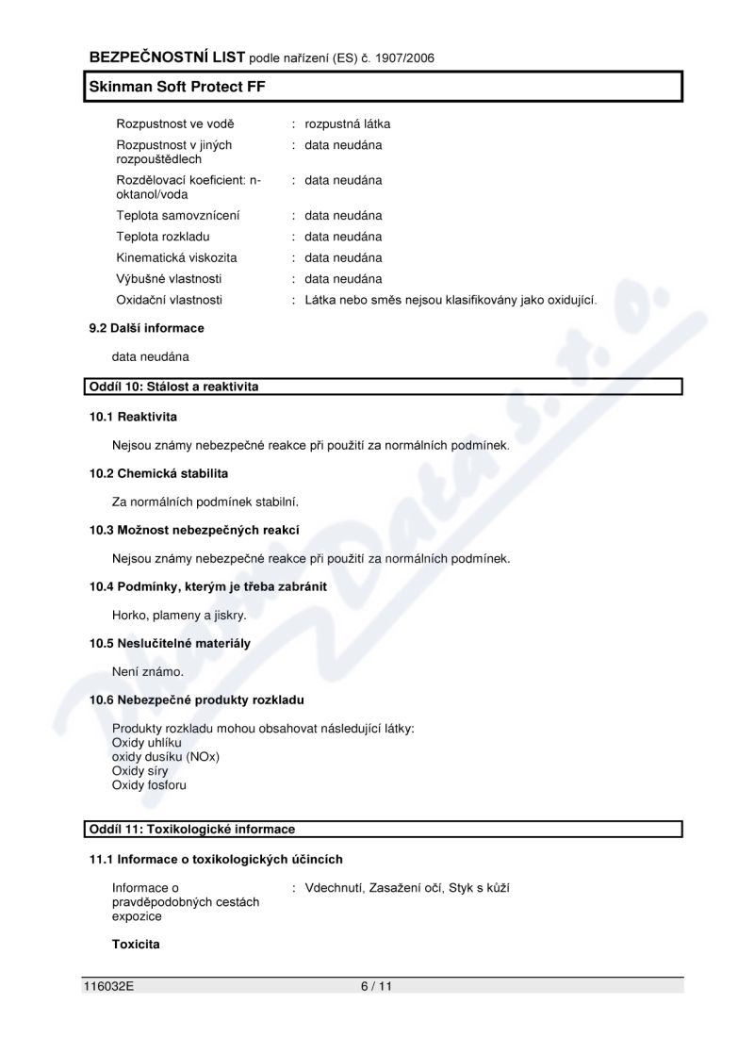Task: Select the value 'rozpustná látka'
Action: pyautogui.click(x=348, y=123)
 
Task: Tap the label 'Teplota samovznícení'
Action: pyautogui.click(x=177, y=215)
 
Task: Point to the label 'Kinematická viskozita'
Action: pyautogui.click(x=176, y=257)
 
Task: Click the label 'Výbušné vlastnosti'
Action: pyautogui.click(x=170, y=278)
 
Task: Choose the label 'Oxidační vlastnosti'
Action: pyautogui.click(x=170, y=300)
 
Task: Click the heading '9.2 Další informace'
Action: pyautogui.click(x=146, y=328)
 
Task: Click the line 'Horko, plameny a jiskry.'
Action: pyautogui.click(x=179, y=616)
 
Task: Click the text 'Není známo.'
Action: pyautogui.click(x=148, y=672)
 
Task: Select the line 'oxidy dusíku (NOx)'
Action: pyautogui.click(x=166, y=756)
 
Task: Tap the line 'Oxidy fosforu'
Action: pyautogui.click(x=150, y=784)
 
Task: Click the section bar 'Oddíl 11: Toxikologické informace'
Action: pyautogui.click(x=192, y=829)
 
